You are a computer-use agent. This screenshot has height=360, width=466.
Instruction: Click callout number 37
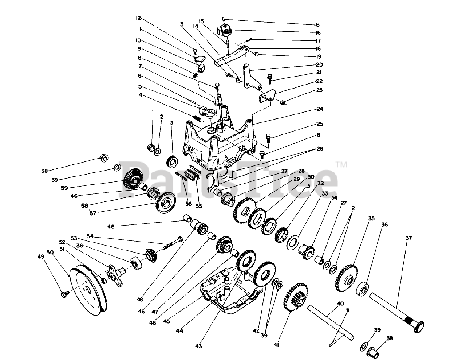pyautogui.click(x=409, y=238)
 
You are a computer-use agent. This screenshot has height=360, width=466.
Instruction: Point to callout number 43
pyautogui.click(x=199, y=346)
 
